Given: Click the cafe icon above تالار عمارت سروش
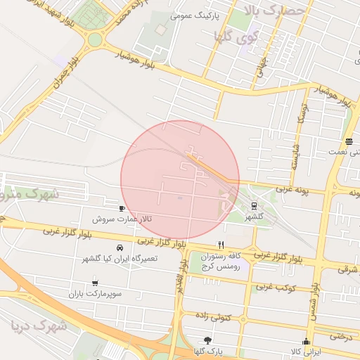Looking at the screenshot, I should (x=122, y=209).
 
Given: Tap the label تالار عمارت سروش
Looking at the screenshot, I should (x=124, y=219).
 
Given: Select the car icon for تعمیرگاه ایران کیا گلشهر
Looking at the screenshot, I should (x=120, y=247).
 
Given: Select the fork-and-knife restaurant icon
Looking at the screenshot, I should (x=221, y=245).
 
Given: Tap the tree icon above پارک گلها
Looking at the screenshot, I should (x=207, y=340).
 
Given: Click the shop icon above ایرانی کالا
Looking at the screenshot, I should (x=306, y=340).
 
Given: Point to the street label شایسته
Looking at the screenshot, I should (x=295, y=156).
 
